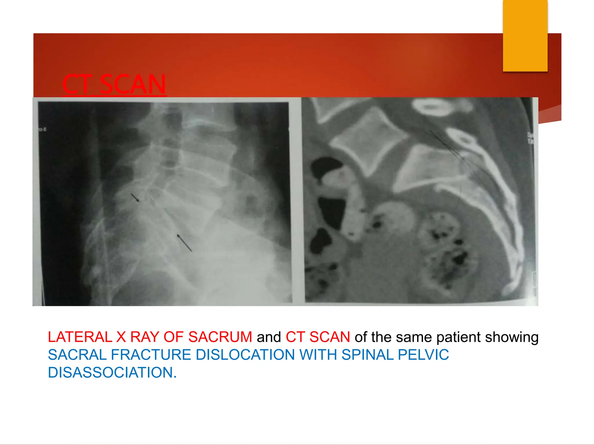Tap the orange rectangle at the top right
[525, 35]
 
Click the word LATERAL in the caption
[80, 337]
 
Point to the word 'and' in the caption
[269, 337]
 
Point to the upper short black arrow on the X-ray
[135, 198]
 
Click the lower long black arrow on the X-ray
[184, 243]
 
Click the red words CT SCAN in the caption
[318, 337]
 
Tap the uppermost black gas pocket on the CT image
[326, 167]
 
